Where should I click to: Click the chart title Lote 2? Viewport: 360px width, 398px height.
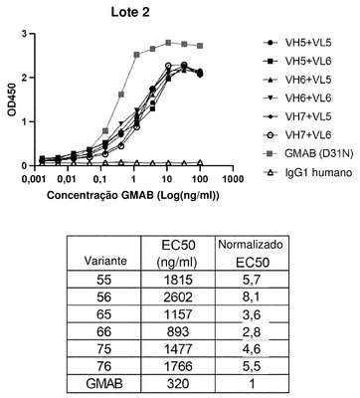pos(130,12)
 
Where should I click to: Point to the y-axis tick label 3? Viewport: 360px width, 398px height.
pos(23,34)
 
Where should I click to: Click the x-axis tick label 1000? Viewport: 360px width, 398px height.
pos(233,179)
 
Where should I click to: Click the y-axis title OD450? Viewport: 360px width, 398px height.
pos(12,99)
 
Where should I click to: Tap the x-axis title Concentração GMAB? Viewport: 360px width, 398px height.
pos(100,195)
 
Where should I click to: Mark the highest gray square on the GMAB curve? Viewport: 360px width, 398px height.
pos(168,43)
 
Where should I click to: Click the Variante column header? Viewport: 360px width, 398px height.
pos(105,261)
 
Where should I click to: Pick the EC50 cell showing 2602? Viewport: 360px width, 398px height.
pos(178,297)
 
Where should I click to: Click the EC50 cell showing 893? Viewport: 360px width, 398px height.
pos(178,331)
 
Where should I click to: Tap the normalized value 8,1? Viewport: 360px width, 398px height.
pos(252,297)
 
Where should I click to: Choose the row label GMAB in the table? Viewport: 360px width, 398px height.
pos(104,384)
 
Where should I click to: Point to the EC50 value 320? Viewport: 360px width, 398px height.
pos(178,384)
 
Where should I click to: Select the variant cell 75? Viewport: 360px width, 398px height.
pos(103,348)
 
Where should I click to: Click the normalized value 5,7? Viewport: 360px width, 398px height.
pos(252,280)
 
